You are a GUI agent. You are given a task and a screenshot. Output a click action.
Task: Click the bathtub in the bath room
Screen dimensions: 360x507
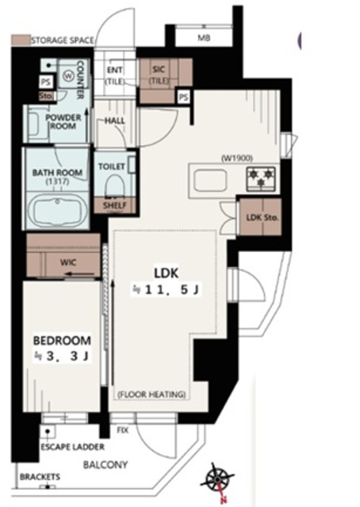pyautogui.click(x=57, y=211)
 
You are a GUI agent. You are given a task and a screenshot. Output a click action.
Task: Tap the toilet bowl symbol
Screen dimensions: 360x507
pyautogui.click(x=116, y=185)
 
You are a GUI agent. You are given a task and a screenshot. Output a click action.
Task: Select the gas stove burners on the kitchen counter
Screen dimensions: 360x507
pyautogui.click(x=261, y=178)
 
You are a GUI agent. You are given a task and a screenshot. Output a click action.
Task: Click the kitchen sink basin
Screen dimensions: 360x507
pyautogui.click(x=210, y=180)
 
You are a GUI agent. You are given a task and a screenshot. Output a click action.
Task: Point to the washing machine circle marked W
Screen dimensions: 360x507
pyautogui.click(x=68, y=76)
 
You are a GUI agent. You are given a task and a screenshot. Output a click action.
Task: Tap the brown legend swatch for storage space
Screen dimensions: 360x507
pyautogui.click(x=21, y=40)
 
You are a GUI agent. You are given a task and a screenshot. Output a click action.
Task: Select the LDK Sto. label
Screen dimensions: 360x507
pyautogui.click(x=262, y=218)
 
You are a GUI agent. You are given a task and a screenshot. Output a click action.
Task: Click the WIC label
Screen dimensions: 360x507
pyautogui.click(x=68, y=261)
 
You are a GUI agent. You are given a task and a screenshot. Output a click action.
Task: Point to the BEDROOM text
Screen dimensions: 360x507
pyautogui.click(x=62, y=341)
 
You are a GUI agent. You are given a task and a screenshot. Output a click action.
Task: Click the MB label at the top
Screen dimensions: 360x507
pyautogui.click(x=204, y=38)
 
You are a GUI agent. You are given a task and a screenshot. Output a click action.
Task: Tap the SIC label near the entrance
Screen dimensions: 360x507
pyautogui.click(x=159, y=69)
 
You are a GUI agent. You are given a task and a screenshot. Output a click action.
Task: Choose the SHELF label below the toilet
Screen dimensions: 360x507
pyautogui.click(x=115, y=206)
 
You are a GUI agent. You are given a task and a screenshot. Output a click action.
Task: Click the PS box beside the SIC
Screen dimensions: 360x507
pyautogui.click(x=184, y=97)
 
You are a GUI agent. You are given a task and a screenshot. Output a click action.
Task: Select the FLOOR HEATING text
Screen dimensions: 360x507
pyautogui.click(x=151, y=395)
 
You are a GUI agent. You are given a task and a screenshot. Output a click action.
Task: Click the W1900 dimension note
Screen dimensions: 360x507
pyautogui.click(x=237, y=158)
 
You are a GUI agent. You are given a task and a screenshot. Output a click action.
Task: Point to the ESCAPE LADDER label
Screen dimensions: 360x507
pyautogui.click(x=72, y=447)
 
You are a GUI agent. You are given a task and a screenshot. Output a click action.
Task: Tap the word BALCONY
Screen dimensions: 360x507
pyautogui.click(x=105, y=465)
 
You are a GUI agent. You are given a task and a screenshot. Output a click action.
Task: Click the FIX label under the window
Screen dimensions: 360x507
pyautogui.click(x=123, y=430)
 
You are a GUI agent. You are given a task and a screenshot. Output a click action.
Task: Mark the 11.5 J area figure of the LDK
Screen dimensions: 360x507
pyautogui.click(x=167, y=289)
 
